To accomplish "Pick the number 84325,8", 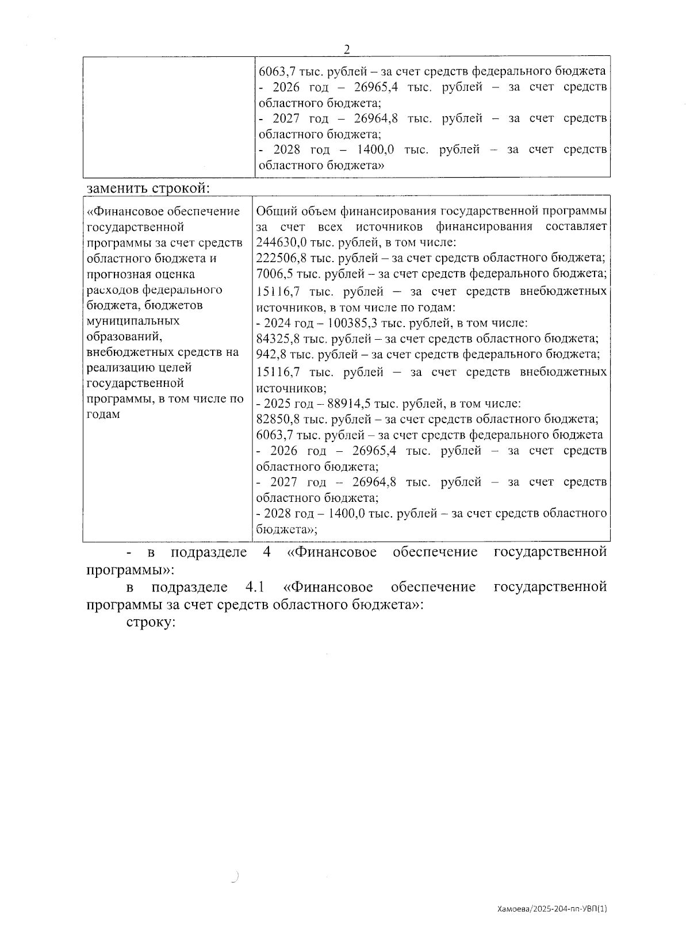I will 277,339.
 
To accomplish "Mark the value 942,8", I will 271,354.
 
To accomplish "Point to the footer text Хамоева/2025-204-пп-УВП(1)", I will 552,925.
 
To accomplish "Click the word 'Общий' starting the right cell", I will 274,211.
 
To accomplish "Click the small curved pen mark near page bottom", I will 235,877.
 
